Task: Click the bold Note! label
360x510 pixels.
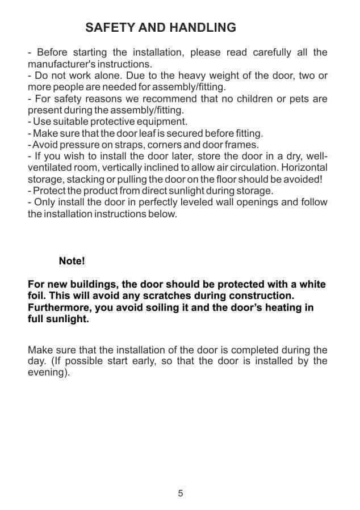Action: click(72, 261)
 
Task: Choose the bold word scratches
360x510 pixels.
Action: click(161, 296)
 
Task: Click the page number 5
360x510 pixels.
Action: click(181, 493)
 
